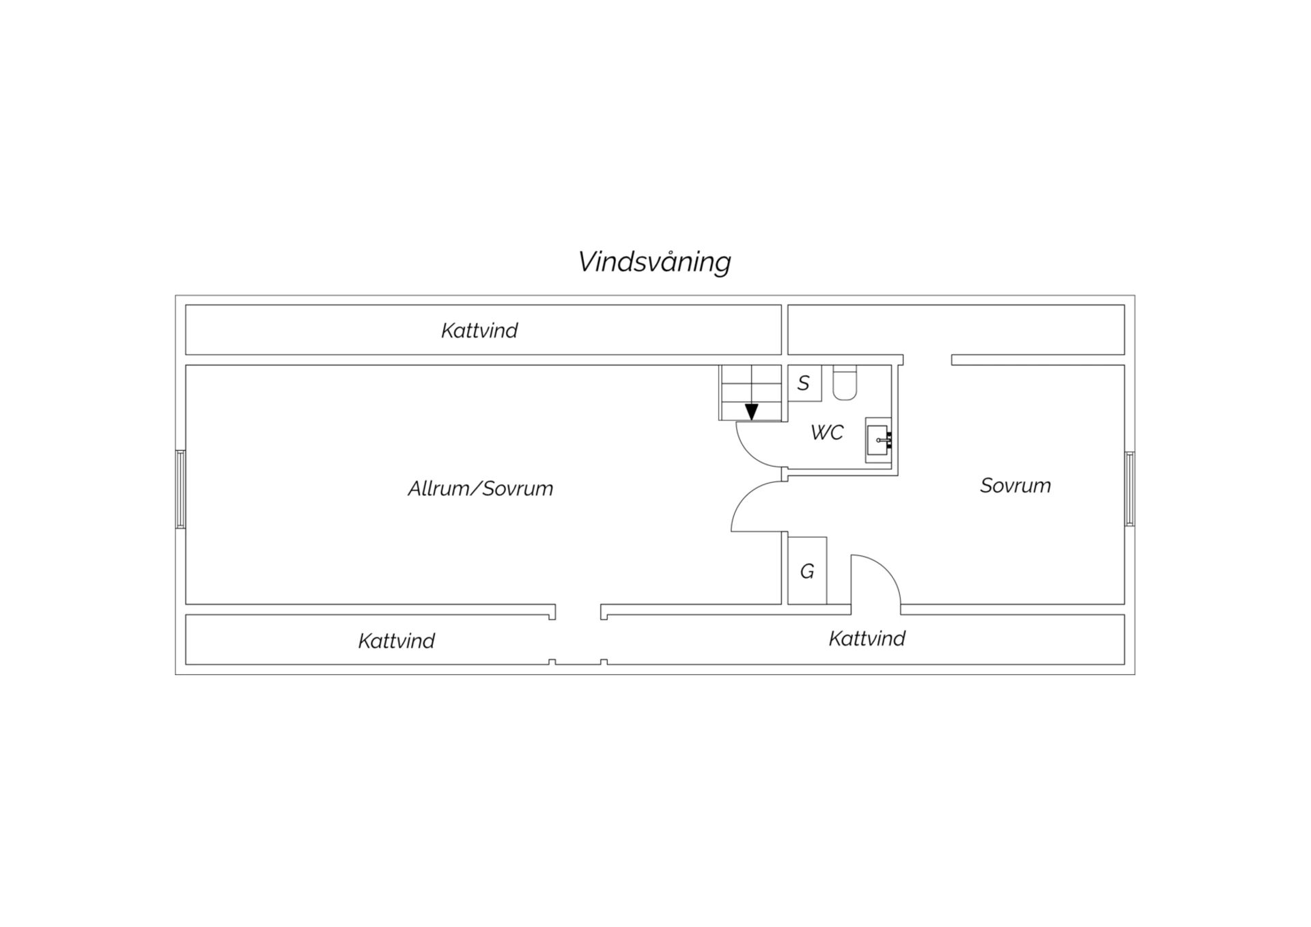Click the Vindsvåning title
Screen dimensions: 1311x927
654,262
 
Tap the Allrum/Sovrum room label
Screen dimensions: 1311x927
480,488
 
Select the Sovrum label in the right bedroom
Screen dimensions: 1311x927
1015,486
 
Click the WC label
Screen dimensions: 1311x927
827,432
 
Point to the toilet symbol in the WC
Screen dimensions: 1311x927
845,383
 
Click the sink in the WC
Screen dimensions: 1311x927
879,440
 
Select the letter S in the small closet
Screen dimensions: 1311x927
804,383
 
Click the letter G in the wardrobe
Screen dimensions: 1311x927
807,571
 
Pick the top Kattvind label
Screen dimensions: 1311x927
479,331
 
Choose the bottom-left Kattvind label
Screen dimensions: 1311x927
397,641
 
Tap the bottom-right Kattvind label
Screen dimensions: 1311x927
867,639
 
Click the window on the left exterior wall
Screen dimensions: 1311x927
180,489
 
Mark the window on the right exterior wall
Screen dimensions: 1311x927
1130,489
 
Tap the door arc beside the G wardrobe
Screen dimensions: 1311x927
886,569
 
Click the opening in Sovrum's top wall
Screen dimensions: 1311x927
927,360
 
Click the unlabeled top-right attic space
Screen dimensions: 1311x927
956,330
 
